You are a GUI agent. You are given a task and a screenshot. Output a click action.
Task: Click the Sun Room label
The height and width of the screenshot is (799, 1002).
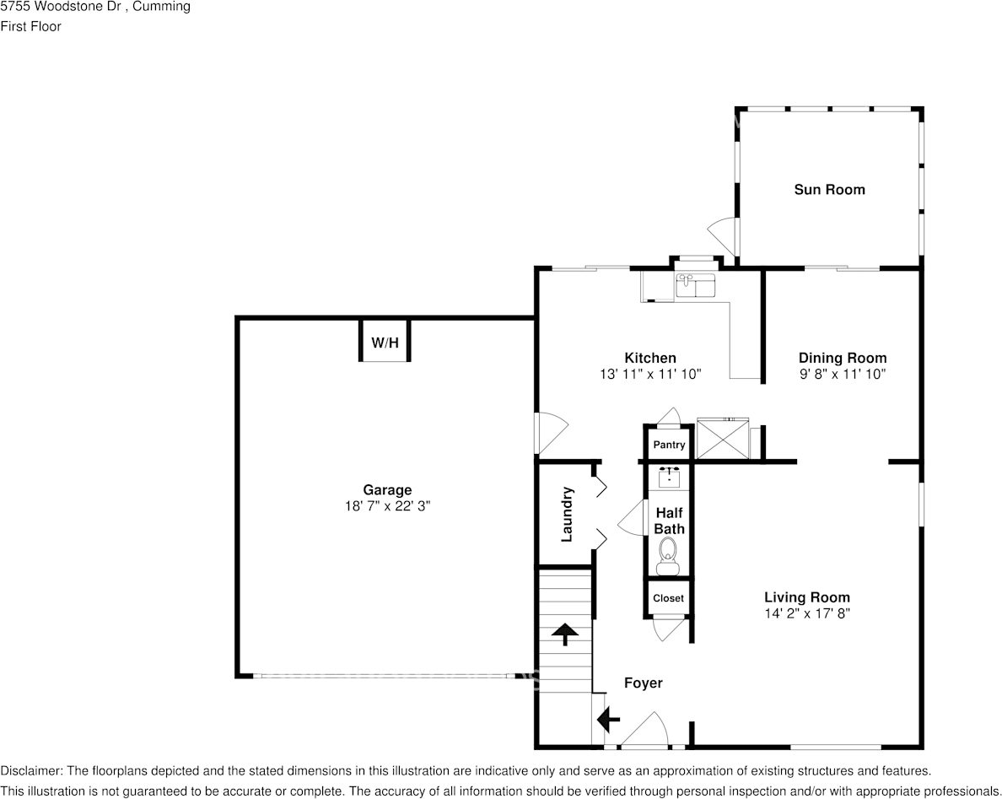(829, 190)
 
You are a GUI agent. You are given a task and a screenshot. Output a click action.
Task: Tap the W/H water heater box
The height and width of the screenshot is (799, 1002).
(385, 343)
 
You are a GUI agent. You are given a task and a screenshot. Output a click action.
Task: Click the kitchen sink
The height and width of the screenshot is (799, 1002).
(695, 285)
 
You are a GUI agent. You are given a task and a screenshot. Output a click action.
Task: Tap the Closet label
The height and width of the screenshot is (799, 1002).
(668, 598)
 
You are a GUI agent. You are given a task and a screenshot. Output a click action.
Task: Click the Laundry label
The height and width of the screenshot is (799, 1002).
(568, 514)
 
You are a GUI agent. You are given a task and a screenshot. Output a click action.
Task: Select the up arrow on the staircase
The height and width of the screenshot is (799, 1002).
(563, 634)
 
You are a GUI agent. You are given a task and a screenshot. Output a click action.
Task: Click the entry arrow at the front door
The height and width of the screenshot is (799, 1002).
(607, 720)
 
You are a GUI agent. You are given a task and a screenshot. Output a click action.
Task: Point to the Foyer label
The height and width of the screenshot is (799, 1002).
(643, 683)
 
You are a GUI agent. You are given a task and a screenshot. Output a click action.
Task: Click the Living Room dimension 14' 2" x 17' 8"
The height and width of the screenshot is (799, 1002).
(806, 613)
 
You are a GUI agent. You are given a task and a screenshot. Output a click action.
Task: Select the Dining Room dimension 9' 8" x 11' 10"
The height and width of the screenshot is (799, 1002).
(842, 374)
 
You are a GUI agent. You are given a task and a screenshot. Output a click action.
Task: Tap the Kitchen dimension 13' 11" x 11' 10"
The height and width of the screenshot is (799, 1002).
(649, 374)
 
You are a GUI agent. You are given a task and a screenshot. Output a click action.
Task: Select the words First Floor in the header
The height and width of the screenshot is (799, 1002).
(30, 26)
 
